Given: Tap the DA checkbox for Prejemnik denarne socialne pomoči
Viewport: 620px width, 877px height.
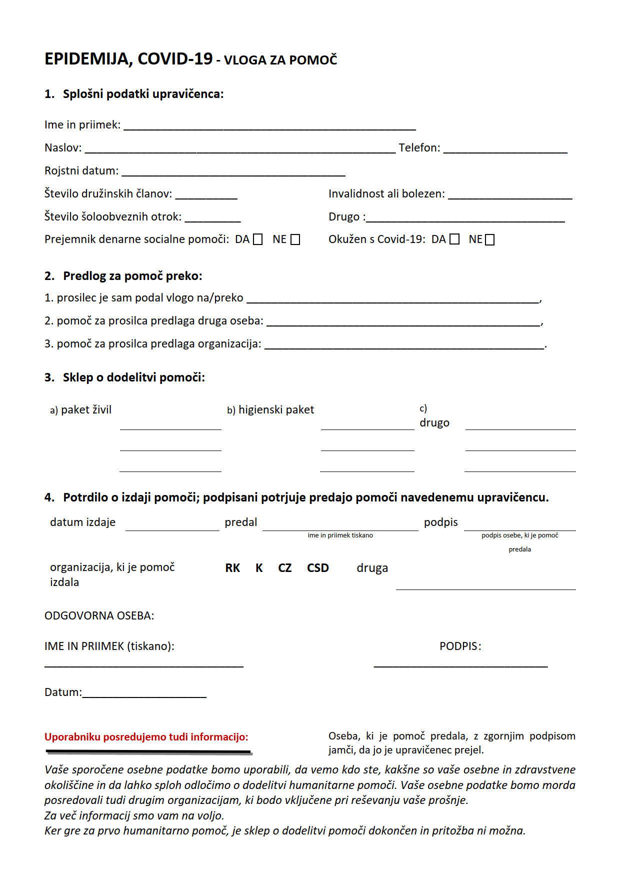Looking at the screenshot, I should (x=257, y=239).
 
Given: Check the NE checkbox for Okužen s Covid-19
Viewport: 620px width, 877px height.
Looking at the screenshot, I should (x=490, y=239).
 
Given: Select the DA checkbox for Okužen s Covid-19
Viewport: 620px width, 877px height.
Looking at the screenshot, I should (x=454, y=239).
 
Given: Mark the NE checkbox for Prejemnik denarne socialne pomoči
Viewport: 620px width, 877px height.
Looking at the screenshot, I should (x=295, y=239).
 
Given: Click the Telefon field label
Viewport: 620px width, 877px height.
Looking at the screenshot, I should (x=419, y=147).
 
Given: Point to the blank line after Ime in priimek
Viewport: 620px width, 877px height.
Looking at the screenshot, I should (x=269, y=127).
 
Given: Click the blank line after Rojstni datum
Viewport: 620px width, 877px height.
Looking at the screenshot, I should (x=233, y=173).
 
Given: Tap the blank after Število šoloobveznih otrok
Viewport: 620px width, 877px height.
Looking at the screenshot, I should (x=212, y=219).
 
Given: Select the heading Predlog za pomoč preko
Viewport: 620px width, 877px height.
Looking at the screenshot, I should (x=132, y=276).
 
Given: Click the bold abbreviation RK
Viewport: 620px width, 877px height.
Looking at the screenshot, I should (x=232, y=568).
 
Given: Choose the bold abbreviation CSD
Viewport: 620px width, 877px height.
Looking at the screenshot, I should (x=318, y=568).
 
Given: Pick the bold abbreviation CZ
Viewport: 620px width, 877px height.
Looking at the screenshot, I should (x=284, y=568).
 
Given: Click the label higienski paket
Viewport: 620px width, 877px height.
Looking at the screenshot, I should (x=276, y=410).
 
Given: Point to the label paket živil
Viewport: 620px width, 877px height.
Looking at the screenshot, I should (x=86, y=410).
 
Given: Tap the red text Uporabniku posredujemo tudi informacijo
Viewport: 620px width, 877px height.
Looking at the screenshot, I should (x=146, y=737).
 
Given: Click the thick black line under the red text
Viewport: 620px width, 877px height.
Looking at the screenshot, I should (x=148, y=751).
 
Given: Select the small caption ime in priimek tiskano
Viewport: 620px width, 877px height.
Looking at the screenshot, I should (x=340, y=535).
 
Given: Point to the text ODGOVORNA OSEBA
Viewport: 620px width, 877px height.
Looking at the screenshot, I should (x=99, y=615).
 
